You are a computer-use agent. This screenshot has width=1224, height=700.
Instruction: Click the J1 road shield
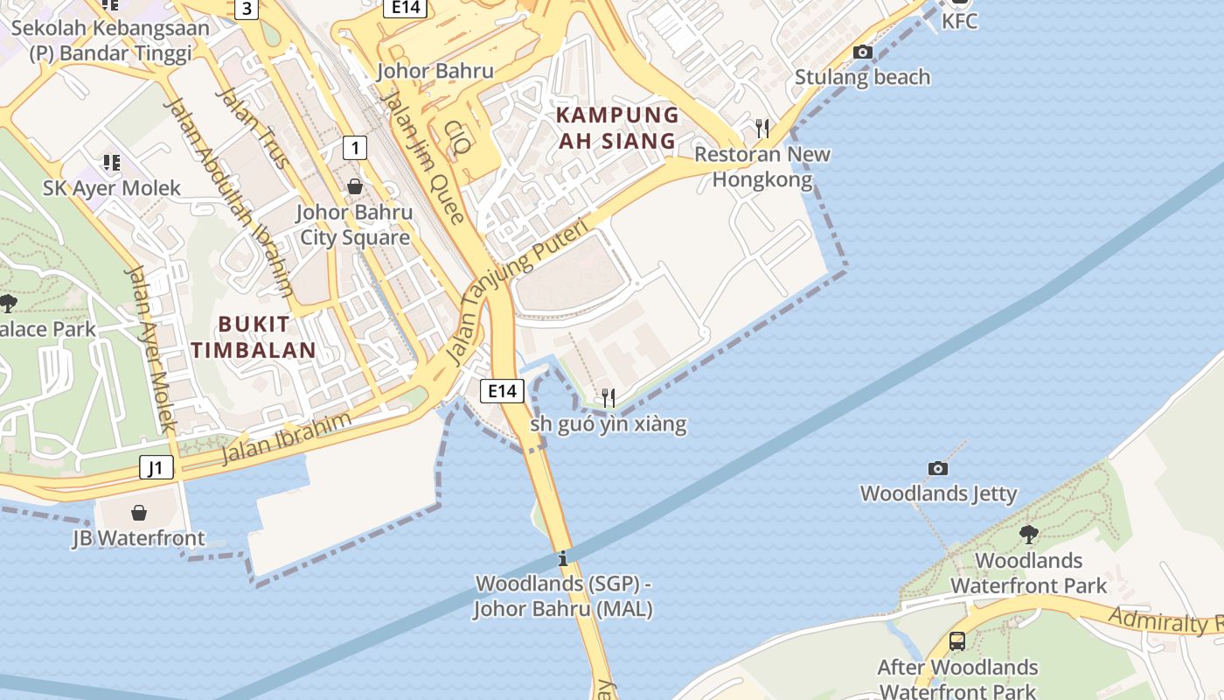click(x=156, y=468)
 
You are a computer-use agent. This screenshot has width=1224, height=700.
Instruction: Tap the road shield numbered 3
click(x=247, y=10)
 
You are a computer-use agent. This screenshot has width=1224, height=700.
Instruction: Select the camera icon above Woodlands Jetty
click(x=937, y=469)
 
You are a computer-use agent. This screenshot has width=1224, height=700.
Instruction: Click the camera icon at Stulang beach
click(x=863, y=52)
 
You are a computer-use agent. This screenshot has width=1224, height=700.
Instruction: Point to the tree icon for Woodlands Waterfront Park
click(x=1029, y=534)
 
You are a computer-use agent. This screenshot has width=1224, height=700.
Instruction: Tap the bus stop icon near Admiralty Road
click(x=957, y=641)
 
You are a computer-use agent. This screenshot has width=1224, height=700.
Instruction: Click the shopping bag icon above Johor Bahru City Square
click(x=355, y=186)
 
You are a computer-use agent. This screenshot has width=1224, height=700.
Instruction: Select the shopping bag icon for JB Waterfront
click(x=138, y=513)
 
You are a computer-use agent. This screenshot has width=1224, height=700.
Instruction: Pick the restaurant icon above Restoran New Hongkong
click(x=762, y=129)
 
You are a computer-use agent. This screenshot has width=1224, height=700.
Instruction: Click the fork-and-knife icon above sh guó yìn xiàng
click(x=608, y=399)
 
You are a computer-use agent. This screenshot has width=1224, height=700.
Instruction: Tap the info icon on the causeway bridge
click(x=563, y=558)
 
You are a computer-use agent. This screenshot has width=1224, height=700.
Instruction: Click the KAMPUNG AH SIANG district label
click(x=618, y=128)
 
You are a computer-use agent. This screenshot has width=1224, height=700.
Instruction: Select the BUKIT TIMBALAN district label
click(x=254, y=337)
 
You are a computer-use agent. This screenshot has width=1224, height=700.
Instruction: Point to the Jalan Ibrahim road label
click(x=286, y=438)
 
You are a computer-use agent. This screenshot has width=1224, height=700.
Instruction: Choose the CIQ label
click(x=457, y=137)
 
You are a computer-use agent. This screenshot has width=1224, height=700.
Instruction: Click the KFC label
click(x=959, y=21)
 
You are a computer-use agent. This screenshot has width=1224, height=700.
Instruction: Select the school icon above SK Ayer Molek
click(x=111, y=163)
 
